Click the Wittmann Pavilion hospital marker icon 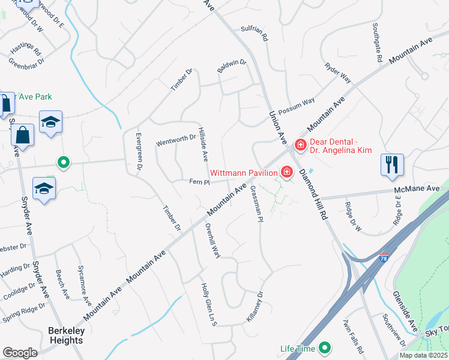tap(287, 173)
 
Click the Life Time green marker tap(325, 347)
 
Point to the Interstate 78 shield tap(384, 258)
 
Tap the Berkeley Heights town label tap(66, 335)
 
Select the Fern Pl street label tap(199, 182)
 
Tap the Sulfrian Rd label tap(254, 36)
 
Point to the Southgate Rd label tap(377, 43)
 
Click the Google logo tap(20, 352)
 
